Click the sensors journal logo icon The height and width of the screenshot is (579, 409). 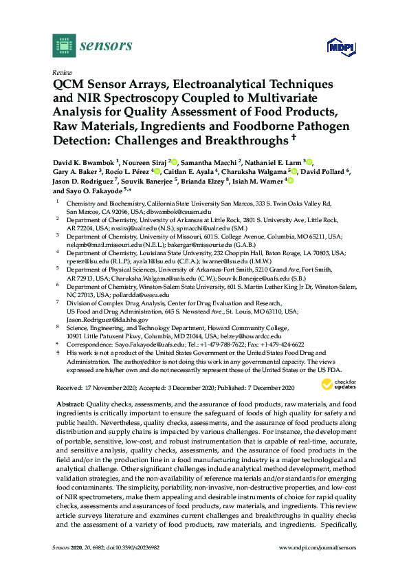click(x=63, y=47)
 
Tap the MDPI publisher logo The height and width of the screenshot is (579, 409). click(x=336, y=48)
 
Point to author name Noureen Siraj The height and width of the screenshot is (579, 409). click(x=147, y=162)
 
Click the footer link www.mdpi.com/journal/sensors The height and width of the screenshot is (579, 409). click(x=323, y=566)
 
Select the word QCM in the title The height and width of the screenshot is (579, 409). click(x=68, y=85)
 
